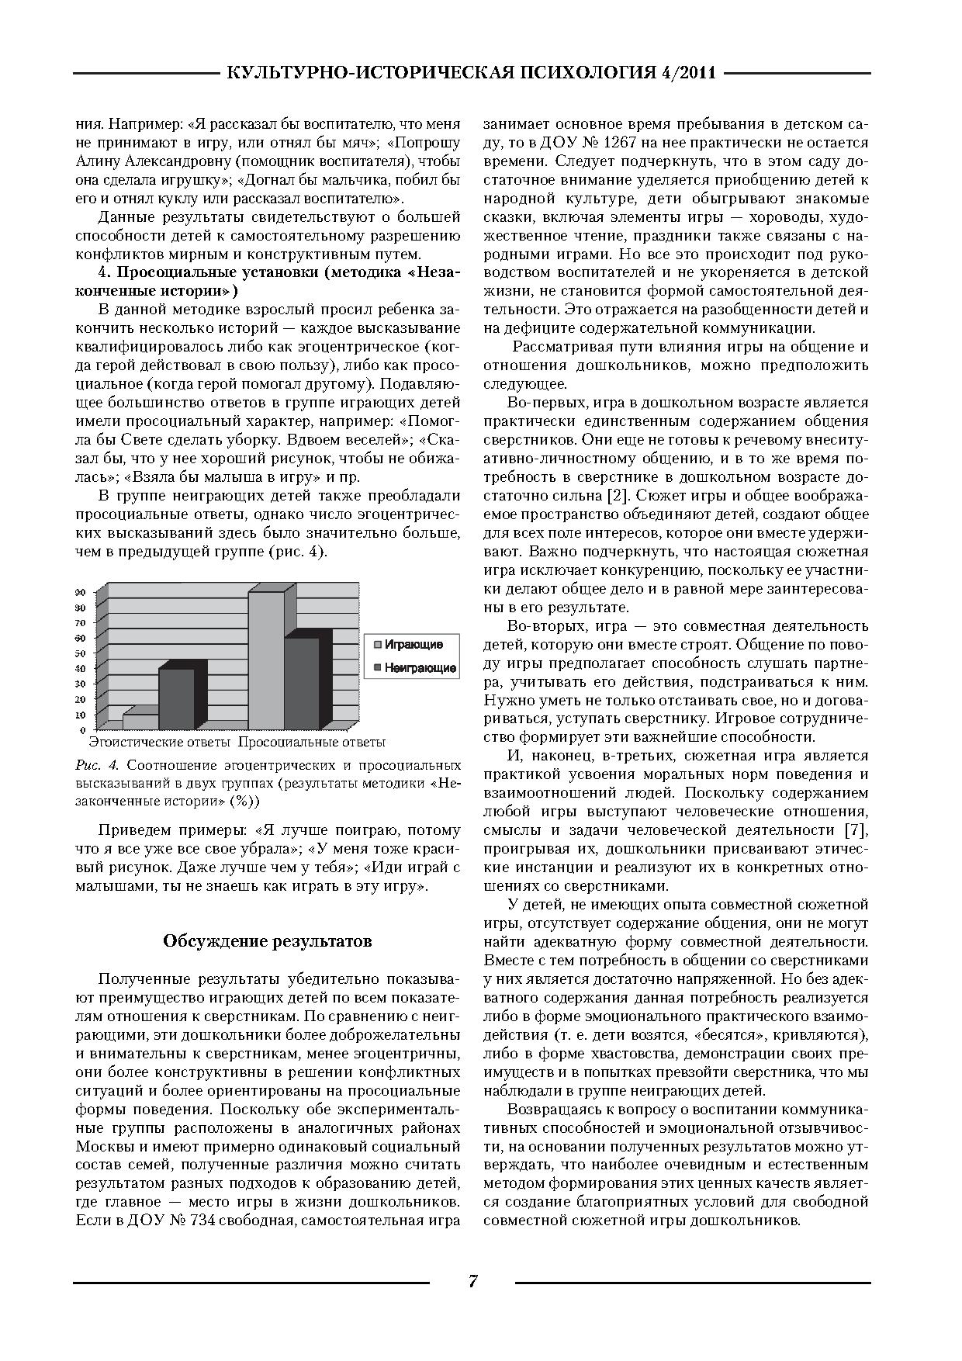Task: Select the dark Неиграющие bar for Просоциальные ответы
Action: coord(301,683)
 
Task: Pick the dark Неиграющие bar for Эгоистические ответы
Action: coord(176,698)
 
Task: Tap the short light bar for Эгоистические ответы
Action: coord(140,722)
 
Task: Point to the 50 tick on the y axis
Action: coord(81,653)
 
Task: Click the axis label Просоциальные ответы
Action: coord(311,743)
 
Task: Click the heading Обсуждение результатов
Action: coord(268,941)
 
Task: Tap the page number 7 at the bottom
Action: coord(472,1281)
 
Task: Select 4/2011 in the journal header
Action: coord(686,74)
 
